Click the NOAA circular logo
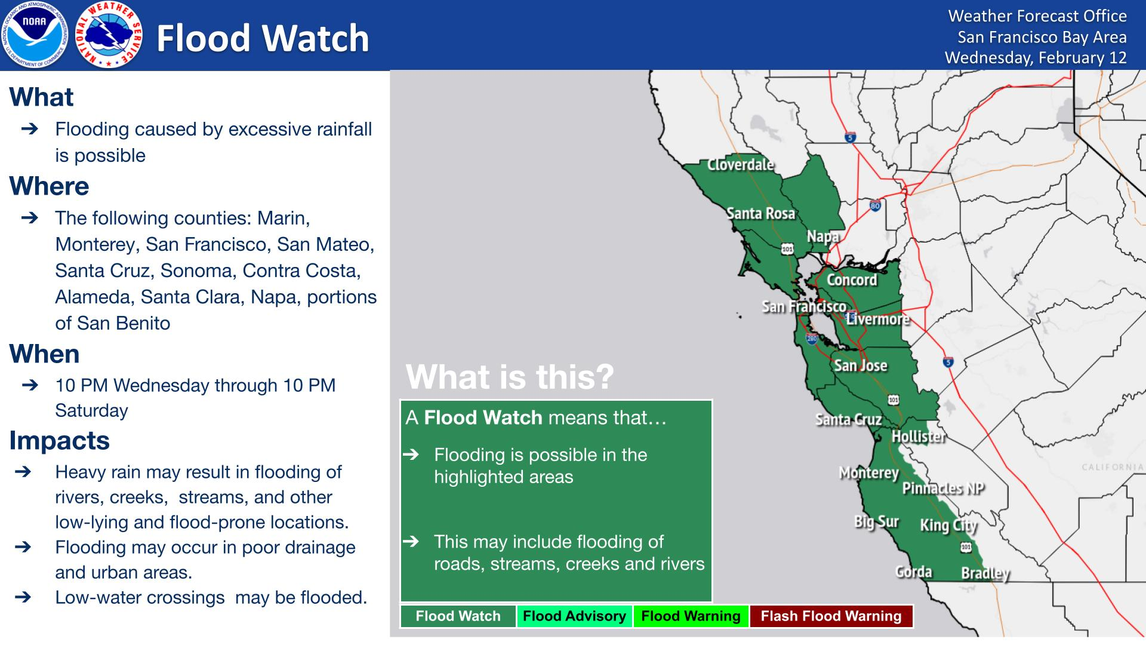click(x=35, y=35)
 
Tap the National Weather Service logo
click(x=110, y=35)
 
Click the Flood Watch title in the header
click(x=263, y=38)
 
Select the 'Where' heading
click(x=49, y=186)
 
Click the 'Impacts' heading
click(x=60, y=441)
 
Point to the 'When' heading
click(x=45, y=354)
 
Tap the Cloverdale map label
click(x=740, y=165)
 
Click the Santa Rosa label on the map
click(x=761, y=213)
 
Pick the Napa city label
click(x=823, y=236)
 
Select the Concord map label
click(x=852, y=279)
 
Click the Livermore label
click(x=877, y=319)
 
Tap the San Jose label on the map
click(x=861, y=365)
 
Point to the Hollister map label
click(x=919, y=437)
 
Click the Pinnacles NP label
click(x=943, y=489)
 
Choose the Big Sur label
click(x=876, y=522)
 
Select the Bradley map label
click(x=985, y=574)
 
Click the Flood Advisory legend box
click(x=574, y=616)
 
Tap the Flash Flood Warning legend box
click(x=831, y=616)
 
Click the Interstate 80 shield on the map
click(x=876, y=206)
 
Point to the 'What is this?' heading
click(x=510, y=377)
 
